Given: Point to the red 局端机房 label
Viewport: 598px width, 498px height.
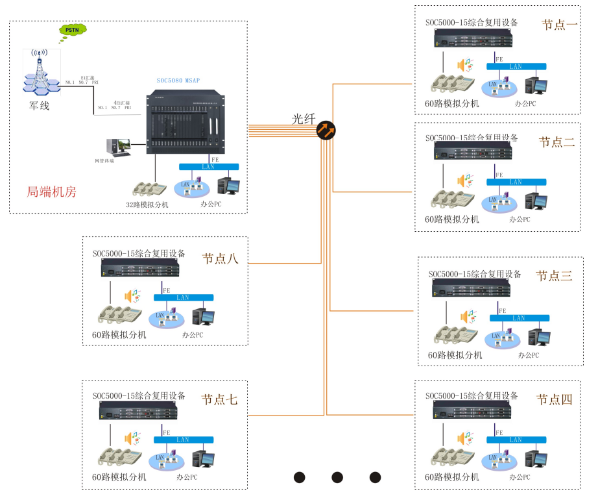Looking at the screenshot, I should [51, 192].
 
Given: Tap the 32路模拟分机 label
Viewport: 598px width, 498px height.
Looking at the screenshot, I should [147, 205].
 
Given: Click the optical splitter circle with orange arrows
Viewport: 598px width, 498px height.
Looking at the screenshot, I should [326, 131].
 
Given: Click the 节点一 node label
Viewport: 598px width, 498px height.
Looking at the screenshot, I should [559, 25].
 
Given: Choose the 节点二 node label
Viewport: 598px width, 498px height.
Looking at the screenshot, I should [556, 142].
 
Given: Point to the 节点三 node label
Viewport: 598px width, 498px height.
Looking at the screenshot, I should [554, 275].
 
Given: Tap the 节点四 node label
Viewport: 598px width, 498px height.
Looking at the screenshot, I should [554, 400].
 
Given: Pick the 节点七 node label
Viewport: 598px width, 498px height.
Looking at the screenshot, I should [219, 400].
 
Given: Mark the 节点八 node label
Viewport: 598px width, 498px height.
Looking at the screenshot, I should [221, 258].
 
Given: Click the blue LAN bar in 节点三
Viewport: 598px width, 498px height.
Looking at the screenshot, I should [518, 318].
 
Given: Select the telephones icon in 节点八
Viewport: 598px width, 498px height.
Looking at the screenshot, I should [119, 315].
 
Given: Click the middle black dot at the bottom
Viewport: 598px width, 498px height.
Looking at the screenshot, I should [337, 477].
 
